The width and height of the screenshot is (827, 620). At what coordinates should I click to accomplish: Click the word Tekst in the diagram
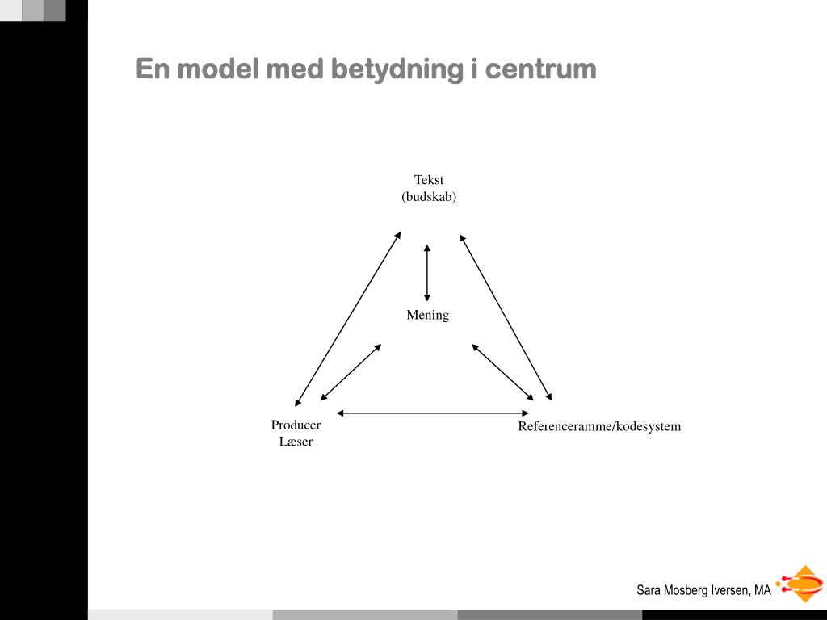(429, 180)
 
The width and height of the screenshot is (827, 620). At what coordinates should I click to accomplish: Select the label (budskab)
(429, 197)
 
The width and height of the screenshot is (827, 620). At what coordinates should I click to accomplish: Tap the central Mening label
(428, 315)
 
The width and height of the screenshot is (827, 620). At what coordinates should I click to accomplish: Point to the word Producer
(296, 425)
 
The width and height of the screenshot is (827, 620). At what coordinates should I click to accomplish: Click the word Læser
(296, 442)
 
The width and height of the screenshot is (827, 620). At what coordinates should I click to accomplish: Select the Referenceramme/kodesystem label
(599, 426)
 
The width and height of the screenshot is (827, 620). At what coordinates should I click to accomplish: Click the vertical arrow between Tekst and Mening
(427, 273)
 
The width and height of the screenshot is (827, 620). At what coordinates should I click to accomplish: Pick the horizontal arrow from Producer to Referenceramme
(433, 413)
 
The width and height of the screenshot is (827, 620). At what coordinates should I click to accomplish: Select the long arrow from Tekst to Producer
(348, 319)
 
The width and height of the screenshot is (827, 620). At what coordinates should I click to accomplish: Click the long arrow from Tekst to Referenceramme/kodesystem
(506, 317)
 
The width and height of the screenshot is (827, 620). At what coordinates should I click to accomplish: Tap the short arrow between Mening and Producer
(351, 372)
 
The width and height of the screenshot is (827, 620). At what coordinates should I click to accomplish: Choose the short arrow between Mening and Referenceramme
(502, 372)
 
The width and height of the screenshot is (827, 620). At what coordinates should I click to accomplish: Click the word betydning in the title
(397, 69)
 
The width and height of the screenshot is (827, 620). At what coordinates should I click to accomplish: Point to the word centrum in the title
(540, 69)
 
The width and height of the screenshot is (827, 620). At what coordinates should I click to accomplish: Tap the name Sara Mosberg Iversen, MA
(703, 590)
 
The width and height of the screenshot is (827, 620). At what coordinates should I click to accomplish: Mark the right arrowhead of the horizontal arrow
(525, 413)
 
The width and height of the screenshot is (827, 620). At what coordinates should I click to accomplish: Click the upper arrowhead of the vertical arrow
(427, 248)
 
